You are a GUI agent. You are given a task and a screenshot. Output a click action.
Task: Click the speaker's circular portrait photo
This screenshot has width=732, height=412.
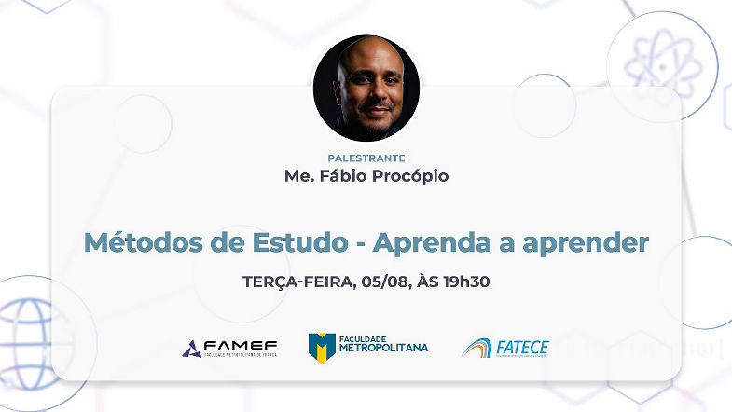(x=366, y=89)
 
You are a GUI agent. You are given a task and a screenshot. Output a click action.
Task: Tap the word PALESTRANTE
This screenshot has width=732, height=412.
(x=366, y=158)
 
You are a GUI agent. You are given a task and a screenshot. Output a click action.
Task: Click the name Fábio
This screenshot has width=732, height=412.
(x=338, y=175)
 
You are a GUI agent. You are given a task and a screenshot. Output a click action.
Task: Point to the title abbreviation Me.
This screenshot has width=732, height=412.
(x=297, y=175)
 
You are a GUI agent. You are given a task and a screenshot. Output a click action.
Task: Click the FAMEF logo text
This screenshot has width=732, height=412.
(x=242, y=346)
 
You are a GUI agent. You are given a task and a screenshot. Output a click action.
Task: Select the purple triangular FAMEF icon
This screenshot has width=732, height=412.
(x=191, y=349)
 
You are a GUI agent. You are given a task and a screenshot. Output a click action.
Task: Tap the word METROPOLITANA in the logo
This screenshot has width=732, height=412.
(x=383, y=348)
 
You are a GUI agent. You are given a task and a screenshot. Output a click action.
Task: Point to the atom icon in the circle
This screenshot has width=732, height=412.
(x=661, y=65)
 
